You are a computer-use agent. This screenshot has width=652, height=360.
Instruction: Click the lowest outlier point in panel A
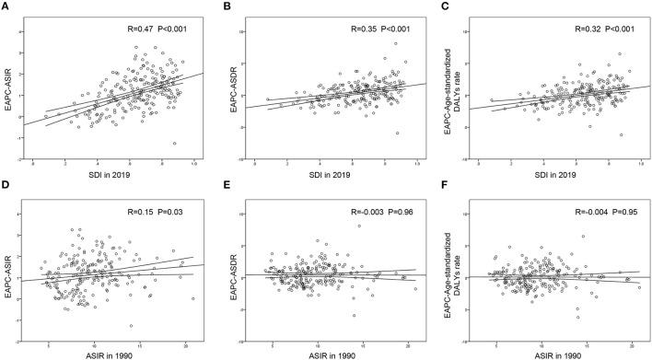174,143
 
